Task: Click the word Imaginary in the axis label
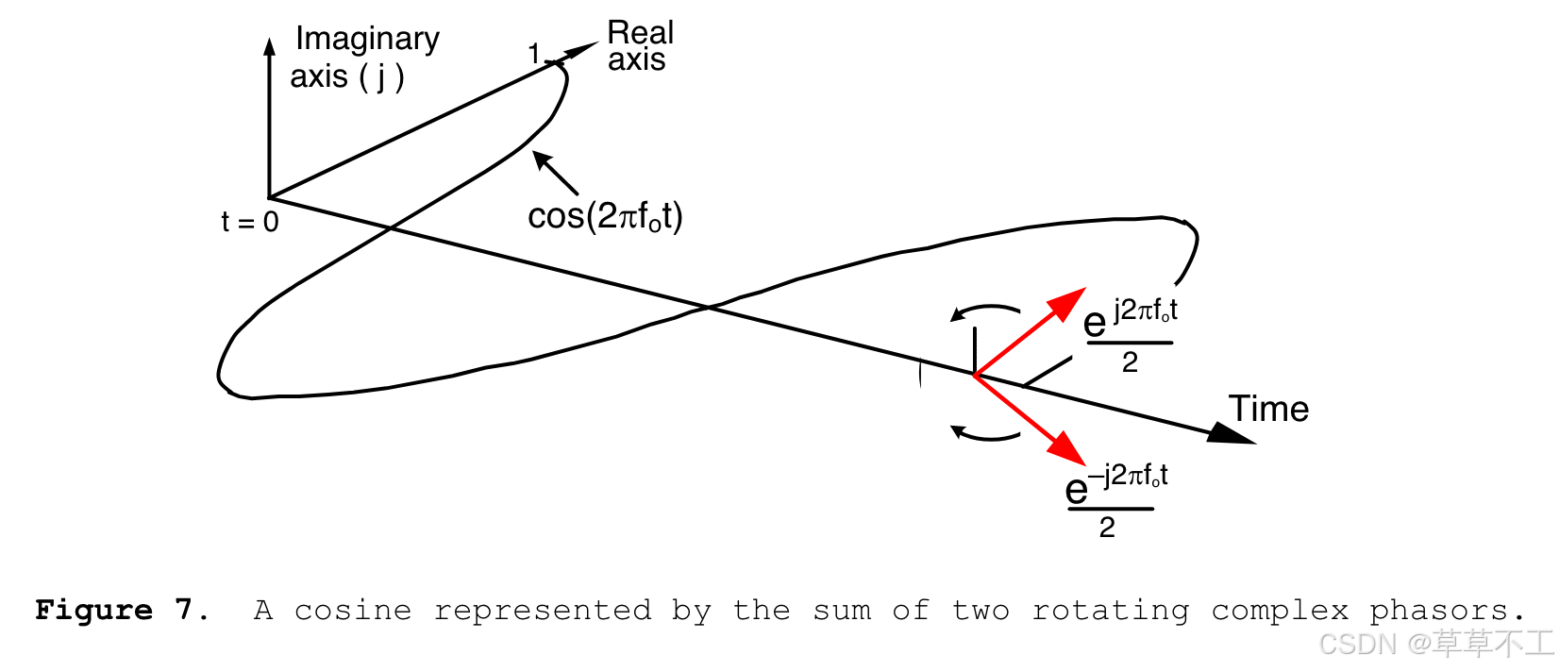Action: point(367,39)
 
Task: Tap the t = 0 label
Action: point(250,222)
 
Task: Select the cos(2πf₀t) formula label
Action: point(605,216)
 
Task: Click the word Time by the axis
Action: point(1268,409)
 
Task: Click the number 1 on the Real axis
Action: point(534,55)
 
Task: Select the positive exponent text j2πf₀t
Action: point(1146,311)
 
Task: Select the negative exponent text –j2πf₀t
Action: point(1128,475)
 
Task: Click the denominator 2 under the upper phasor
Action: point(1130,362)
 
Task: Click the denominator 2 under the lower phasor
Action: point(1107,528)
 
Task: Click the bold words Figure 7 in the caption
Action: point(123,611)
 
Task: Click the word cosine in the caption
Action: point(352,611)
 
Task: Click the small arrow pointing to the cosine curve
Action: point(555,172)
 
